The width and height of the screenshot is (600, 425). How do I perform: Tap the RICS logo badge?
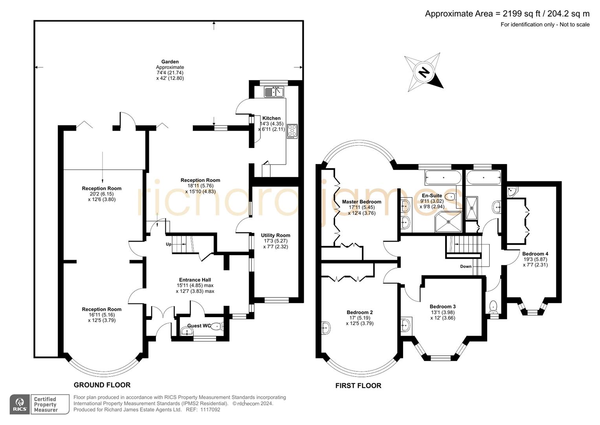tap(19, 404)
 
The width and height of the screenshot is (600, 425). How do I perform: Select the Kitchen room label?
tap(272, 118)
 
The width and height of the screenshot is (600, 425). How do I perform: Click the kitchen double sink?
tap(274, 92)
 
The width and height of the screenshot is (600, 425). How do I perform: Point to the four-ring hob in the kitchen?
tap(292, 131)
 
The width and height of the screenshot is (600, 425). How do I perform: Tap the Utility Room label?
tap(275, 235)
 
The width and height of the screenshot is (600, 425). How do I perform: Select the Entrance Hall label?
tap(195, 280)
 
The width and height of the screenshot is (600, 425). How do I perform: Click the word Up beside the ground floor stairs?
tap(169, 244)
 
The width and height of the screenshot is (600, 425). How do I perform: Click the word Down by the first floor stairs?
tap(466, 266)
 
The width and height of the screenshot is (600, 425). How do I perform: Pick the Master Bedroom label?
tap(361, 202)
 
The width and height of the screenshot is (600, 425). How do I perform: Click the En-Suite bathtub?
tap(443, 177)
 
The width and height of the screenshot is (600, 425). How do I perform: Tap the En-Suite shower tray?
tap(448, 222)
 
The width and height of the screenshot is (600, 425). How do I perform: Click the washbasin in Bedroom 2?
tap(326, 327)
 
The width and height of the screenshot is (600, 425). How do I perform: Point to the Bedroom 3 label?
tap(442, 307)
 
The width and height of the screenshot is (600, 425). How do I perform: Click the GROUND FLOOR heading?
tap(102, 385)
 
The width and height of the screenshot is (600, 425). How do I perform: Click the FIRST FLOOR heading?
tap(358, 386)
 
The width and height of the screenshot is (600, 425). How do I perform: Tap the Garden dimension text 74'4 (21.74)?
tap(170, 73)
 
